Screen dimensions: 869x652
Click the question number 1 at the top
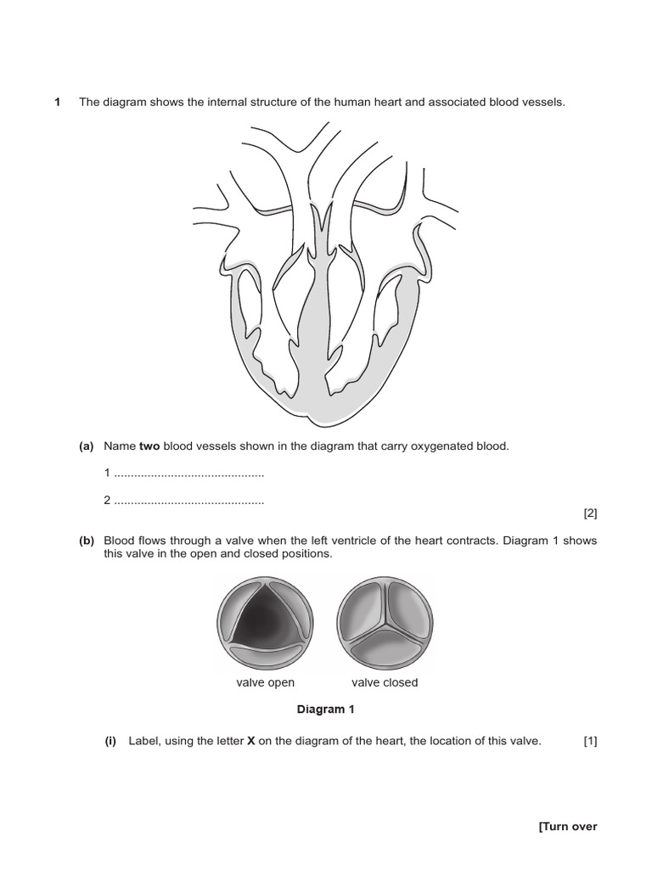(57, 102)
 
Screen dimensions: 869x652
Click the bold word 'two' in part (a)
(149, 446)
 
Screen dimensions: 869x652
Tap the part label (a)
(86, 446)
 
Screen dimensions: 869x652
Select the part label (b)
(86, 541)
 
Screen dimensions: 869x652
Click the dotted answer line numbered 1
(188, 474)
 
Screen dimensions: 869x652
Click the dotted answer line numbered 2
(188, 501)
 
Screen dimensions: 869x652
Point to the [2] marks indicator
(590, 513)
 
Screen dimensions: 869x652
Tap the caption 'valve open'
(265, 682)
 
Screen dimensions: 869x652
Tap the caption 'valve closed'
(385, 682)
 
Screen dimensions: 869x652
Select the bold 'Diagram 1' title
(321, 709)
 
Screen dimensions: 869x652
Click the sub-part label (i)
(110, 741)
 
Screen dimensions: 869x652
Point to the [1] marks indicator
(590, 741)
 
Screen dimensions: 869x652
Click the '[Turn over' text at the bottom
(568, 827)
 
